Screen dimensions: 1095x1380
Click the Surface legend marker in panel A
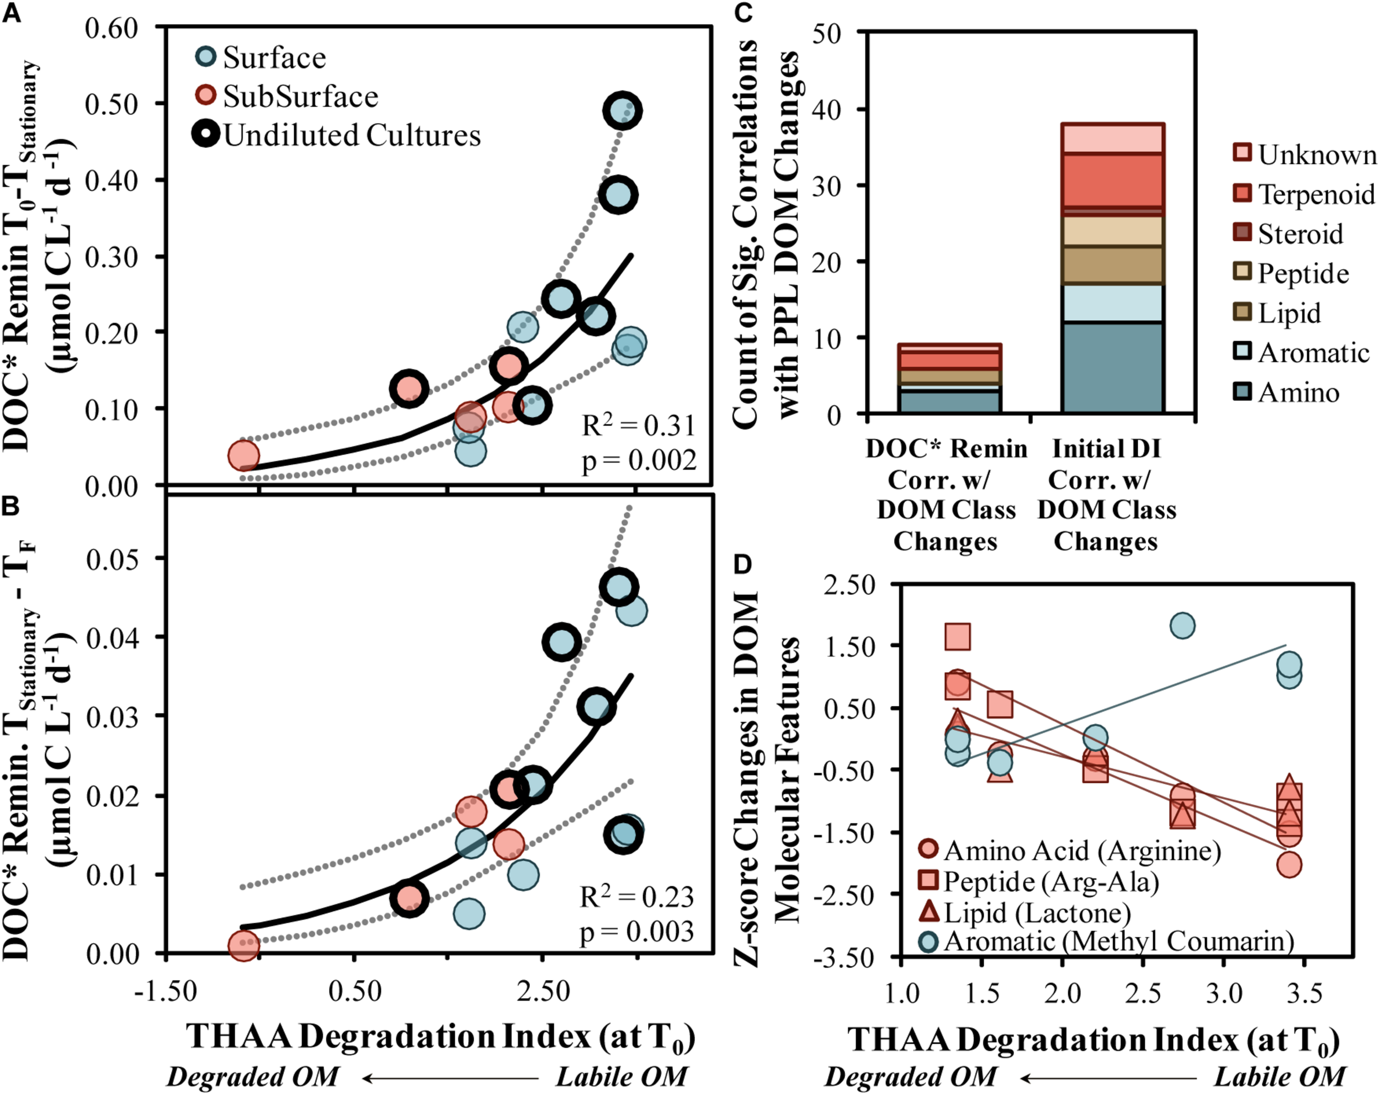tap(206, 56)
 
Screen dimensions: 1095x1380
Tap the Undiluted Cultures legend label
tap(352, 136)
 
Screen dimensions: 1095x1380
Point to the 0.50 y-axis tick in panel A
tap(112, 104)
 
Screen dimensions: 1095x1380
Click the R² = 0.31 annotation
tap(638, 426)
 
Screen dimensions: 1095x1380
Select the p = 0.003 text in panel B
tap(636, 932)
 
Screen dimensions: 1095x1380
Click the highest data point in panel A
tap(622, 110)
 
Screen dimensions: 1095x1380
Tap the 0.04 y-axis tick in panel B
tap(113, 637)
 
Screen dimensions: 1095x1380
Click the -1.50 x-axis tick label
tap(166, 991)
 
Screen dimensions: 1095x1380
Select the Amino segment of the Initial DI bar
tap(1112, 368)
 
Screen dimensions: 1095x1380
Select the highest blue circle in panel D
tap(1182, 625)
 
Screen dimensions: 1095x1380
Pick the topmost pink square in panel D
tap(958, 636)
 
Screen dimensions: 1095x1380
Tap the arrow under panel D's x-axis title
tap(1108, 1078)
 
